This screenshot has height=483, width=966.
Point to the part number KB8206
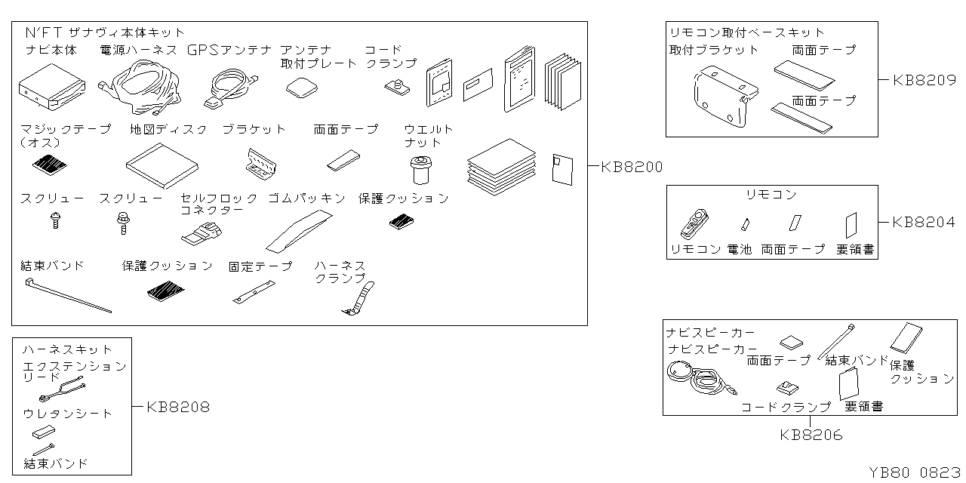click(x=811, y=435)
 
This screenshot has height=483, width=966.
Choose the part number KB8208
click(x=178, y=407)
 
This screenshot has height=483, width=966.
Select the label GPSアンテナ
click(x=229, y=51)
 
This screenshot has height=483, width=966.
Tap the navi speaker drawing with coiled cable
click(x=698, y=377)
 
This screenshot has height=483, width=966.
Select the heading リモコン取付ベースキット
click(x=746, y=32)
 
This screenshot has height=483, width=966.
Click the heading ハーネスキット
click(x=67, y=349)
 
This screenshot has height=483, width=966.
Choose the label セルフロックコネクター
click(x=218, y=204)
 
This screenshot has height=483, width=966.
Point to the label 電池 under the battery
click(x=740, y=249)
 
